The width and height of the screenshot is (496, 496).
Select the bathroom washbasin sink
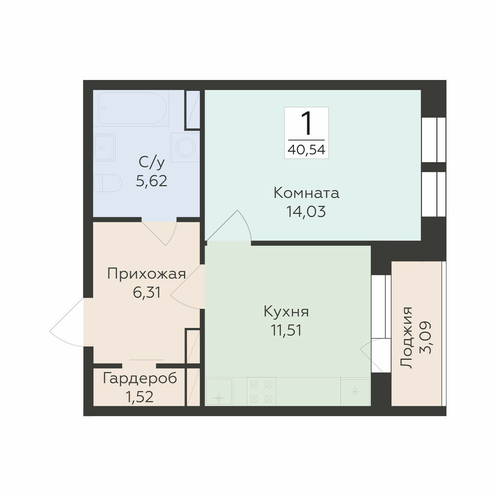[105, 147]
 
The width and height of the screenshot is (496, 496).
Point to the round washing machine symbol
[186, 147]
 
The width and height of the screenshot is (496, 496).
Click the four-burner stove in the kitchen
[261, 391]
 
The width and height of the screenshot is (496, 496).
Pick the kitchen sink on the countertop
[219, 392]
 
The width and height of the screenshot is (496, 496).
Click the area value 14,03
[306, 212]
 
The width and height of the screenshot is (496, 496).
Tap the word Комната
[306, 192]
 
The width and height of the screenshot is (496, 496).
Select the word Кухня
[286, 311]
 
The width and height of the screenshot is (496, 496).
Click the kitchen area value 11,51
[286, 330]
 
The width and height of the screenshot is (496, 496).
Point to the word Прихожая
[147, 274]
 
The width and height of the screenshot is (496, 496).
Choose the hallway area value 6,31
[147, 293]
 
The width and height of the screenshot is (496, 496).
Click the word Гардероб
[140, 378]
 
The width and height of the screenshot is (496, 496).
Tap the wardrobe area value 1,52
[140, 397]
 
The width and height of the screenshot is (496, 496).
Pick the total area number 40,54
[306, 150]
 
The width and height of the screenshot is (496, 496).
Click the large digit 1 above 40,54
[306, 124]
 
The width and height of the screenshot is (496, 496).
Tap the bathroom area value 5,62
[152, 181]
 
